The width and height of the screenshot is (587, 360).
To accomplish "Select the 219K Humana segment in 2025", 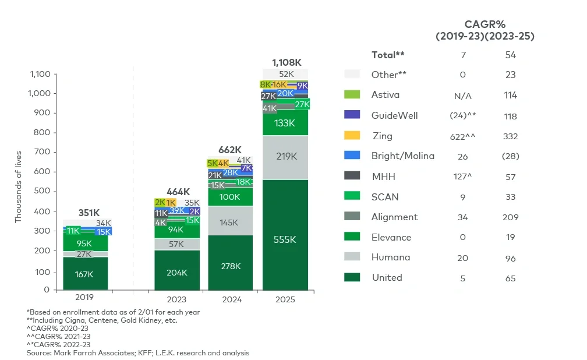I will [x=285, y=157].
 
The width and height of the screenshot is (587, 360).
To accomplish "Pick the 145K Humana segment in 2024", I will [x=231, y=223].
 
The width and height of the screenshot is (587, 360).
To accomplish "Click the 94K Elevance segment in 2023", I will [x=176, y=230].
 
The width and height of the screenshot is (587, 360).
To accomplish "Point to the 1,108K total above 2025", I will [x=286, y=62].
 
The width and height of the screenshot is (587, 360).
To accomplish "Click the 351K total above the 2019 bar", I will [x=88, y=213].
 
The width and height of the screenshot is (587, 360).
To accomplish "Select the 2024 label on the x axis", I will [x=231, y=299].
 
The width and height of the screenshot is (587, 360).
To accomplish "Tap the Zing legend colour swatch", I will [x=352, y=136].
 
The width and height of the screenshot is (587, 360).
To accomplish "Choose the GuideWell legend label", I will [x=394, y=115].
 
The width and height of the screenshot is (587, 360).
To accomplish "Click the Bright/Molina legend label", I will [x=402, y=156].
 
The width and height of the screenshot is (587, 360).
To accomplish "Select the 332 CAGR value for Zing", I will [x=511, y=136].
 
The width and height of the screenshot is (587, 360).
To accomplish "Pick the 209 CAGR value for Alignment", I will [x=511, y=217].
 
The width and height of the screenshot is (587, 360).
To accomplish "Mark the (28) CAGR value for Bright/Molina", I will [x=511, y=156].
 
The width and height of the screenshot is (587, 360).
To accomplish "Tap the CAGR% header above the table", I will [x=485, y=24].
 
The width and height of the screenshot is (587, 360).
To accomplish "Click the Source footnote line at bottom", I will [x=137, y=353].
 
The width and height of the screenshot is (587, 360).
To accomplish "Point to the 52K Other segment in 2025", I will [x=286, y=74].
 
